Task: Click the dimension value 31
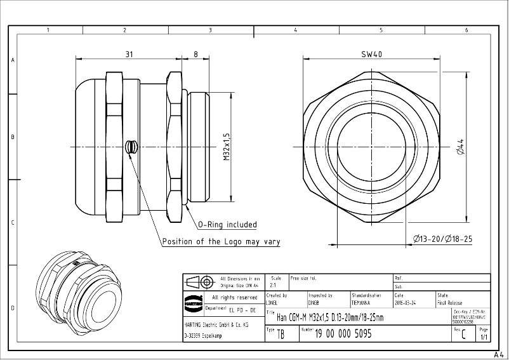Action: [129, 55]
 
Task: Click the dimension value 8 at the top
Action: [195, 55]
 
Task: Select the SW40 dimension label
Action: [371, 55]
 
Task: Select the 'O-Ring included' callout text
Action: [227, 225]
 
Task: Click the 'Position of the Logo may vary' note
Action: [221, 242]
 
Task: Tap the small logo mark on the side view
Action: [131, 147]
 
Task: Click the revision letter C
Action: [463, 335]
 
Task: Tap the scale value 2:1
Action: [273, 286]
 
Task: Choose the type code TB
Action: [281, 335]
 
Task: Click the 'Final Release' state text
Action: [450, 303]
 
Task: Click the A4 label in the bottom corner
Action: [499, 354]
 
